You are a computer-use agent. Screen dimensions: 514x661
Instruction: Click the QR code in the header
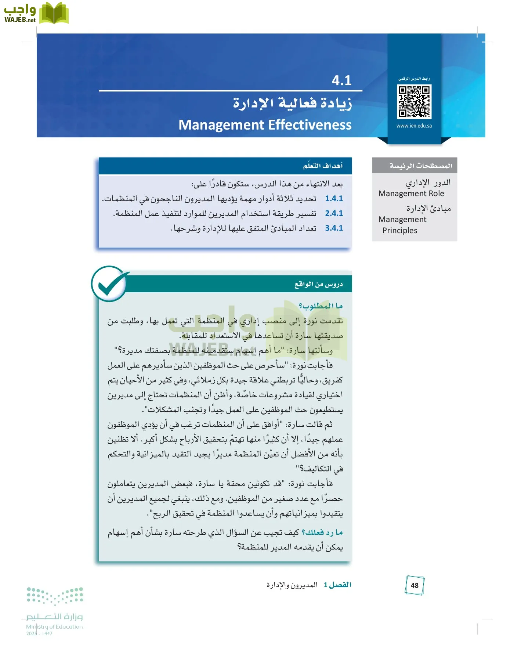click(x=414, y=101)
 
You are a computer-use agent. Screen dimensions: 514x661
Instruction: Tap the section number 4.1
click(x=341, y=80)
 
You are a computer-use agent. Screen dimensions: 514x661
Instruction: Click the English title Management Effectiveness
click(x=265, y=125)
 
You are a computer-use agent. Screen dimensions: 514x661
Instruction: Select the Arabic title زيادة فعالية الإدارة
click(x=292, y=103)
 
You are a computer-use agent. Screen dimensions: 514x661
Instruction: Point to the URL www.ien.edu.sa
click(x=414, y=126)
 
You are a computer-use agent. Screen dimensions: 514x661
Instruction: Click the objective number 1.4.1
click(x=334, y=199)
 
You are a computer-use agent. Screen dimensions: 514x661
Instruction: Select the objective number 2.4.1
click(x=334, y=213)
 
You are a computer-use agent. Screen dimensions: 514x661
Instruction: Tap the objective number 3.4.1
click(x=334, y=228)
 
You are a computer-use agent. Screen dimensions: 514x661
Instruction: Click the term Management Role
click(x=411, y=194)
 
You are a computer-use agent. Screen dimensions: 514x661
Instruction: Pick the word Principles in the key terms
click(x=400, y=231)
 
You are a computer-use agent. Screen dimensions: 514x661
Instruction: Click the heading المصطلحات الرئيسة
click(x=421, y=166)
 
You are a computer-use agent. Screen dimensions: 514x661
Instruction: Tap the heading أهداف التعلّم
click(x=323, y=166)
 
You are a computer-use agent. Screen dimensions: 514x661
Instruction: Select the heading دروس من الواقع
click(x=318, y=284)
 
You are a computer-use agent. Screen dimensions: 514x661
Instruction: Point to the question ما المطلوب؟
click(x=321, y=306)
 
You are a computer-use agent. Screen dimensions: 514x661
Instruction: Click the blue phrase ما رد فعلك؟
click(x=322, y=532)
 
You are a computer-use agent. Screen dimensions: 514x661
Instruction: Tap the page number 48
click(x=415, y=586)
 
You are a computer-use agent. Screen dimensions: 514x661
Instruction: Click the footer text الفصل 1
click(x=337, y=585)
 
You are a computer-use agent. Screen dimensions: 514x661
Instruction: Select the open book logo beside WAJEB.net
click(x=54, y=13)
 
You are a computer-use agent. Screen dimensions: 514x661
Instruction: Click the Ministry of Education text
click(x=54, y=627)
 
